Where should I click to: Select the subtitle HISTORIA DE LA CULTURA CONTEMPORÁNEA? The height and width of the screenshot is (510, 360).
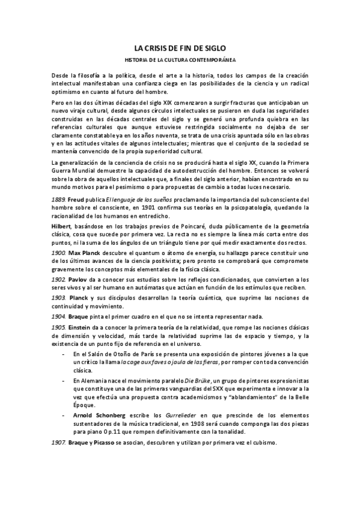[180, 61]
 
